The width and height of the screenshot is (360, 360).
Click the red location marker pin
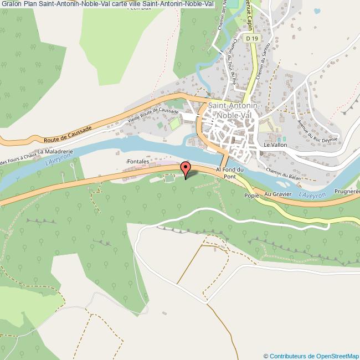coord(186,168)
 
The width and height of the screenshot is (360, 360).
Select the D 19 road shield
coord(252,38)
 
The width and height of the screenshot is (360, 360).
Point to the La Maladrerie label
coord(55,151)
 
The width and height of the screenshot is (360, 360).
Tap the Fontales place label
coord(138,162)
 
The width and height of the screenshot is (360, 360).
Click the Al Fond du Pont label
coord(229,172)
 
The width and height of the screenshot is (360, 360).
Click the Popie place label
coord(251,195)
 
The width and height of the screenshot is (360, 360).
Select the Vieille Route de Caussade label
coord(153,115)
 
